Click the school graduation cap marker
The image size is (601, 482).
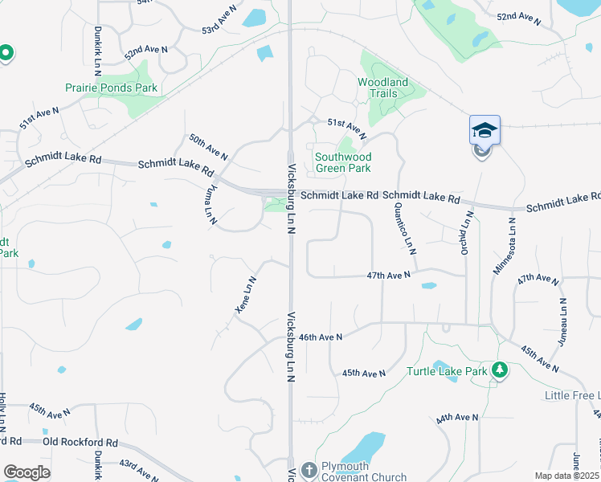point(484,130)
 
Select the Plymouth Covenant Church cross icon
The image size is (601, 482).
point(309,470)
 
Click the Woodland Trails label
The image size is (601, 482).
point(382,88)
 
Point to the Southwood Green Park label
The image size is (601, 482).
point(343,162)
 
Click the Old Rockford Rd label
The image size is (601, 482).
point(80,443)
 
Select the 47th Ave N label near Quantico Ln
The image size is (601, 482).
point(389,275)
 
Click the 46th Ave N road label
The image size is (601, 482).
point(321,337)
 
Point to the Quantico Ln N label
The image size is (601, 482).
point(404,228)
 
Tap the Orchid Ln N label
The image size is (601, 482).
point(466,232)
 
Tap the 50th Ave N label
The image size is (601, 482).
point(208,145)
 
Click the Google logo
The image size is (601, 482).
point(27,472)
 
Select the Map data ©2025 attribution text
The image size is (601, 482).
point(566,476)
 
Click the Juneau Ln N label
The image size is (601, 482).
point(563,321)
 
